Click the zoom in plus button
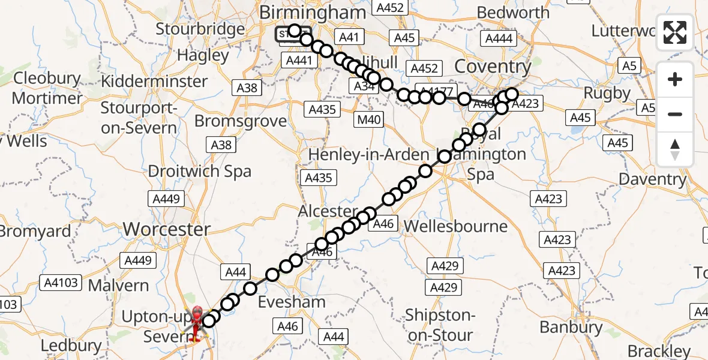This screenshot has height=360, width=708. (675, 79)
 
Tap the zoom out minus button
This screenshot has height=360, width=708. (675, 114)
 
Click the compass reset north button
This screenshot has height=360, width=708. (675, 149)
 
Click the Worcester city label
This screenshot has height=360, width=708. (166, 229)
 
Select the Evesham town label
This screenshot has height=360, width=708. (292, 302)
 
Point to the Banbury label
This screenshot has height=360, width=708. (571, 327)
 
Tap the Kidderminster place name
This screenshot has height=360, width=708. (163, 80)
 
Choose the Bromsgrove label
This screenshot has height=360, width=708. (241, 121)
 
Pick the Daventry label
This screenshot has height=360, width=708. (652, 179)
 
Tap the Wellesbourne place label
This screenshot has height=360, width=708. (455, 226)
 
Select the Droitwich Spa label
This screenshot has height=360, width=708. (199, 172)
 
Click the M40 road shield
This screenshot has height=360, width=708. (369, 120)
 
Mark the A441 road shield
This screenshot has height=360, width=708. (299, 60)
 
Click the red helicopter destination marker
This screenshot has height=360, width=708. (197, 323)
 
